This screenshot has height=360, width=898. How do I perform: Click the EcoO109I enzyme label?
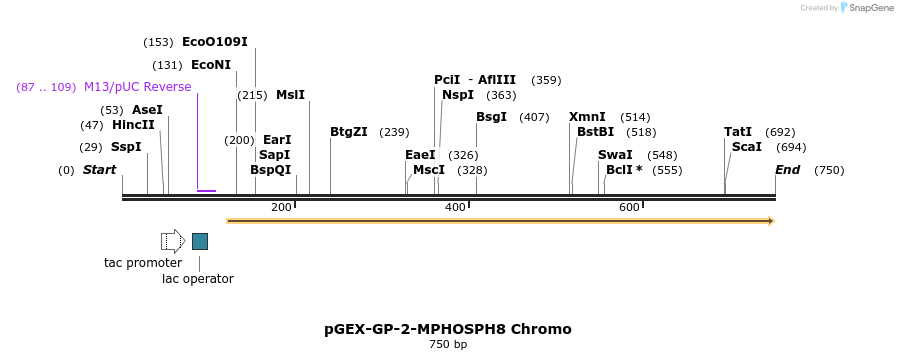pyautogui.click(x=214, y=42)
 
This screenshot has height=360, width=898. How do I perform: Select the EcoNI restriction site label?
pyautogui.click(x=210, y=65)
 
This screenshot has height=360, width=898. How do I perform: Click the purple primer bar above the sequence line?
pyautogui.click(x=206, y=190)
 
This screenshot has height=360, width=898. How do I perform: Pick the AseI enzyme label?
pyautogui.click(x=147, y=110)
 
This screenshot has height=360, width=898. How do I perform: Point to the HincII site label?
pyautogui.click(x=133, y=125)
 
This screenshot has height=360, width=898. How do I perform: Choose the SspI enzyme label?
pyautogui.click(x=126, y=147)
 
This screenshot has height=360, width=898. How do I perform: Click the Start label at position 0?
pyautogui.click(x=99, y=170)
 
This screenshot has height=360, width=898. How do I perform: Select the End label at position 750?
pyautogui.click(x=787, y=170)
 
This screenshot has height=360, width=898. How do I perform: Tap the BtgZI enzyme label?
pyautogui.click(x=349, y=132)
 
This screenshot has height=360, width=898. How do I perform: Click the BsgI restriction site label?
pyautogui.click(x=491, y=117)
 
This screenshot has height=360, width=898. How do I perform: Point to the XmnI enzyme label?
pyautogui.click(x=587, y=117)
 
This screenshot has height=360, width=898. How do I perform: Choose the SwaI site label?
pyautogui.click(x=615, y=155)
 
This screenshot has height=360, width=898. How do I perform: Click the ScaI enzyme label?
pyautogui.click(x=746, y=147)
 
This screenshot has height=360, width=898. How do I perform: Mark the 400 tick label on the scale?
pyautogui.click(x=456, y=207)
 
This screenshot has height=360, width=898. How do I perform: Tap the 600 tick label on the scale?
pyautogui.click(x=629, y=207)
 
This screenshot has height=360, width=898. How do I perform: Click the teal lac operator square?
pyautogui.click(x=200, y=241)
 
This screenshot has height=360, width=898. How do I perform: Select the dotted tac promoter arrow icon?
pyautogui.click(x=172, y=241)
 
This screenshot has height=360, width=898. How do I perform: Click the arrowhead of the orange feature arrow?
pyautogui.click(x=770, y=221)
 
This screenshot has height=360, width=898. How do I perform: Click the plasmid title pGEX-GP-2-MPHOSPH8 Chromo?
pyautogui.click(x=448, y=329)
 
